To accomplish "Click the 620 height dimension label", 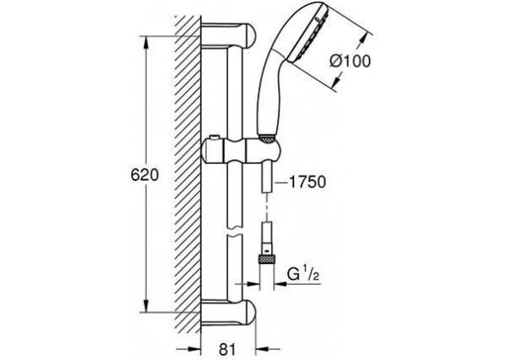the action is [x=145, y=175].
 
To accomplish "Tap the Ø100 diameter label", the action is [x=350, y=61].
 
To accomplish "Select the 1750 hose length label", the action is [x=307, y=183].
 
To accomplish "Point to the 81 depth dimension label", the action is [x=227, y=349].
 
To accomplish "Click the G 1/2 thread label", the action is [x=304, y=274].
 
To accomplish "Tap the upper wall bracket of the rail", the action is [x=228, y=36].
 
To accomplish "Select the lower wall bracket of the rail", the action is [x=228, y=313].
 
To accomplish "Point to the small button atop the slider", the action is [x=214, y=138].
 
